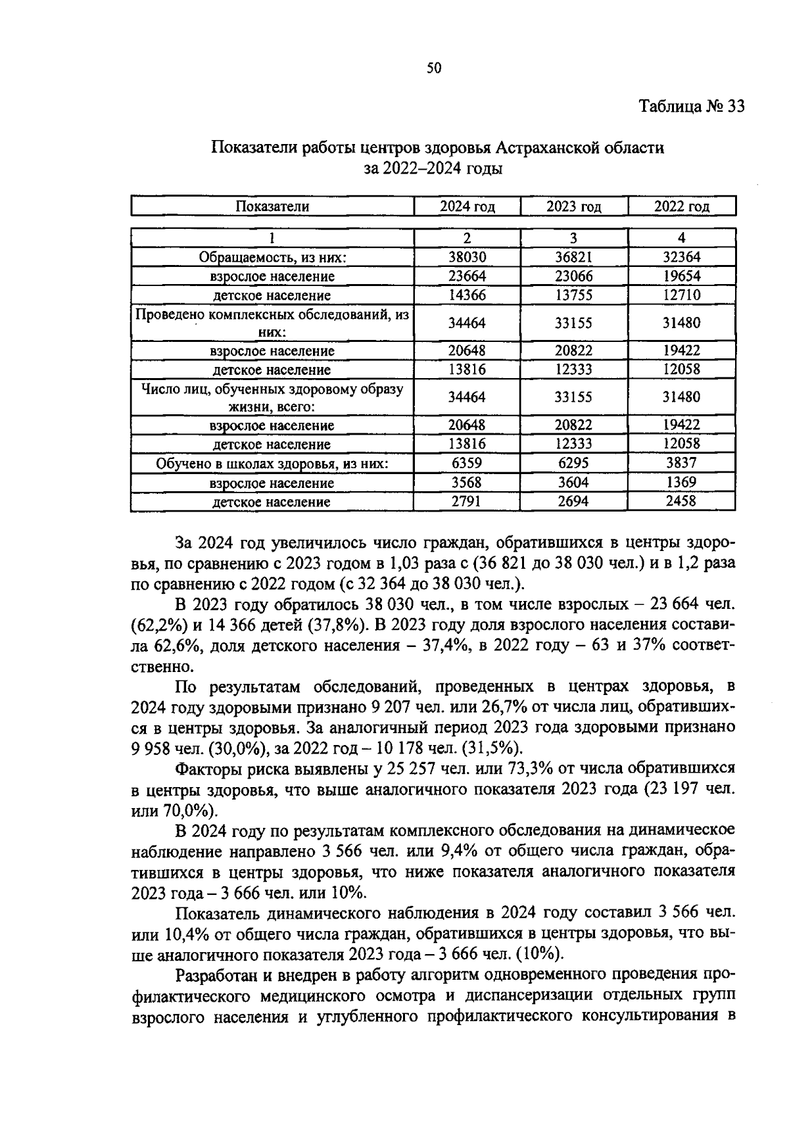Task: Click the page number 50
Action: click(434, 68)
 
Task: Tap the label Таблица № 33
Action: click(692, 107)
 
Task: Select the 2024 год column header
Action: click(467, 206)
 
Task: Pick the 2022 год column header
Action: click(682, 206)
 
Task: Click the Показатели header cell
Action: click(272, 206)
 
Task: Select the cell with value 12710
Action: click(682, 295)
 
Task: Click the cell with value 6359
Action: click(467, 463)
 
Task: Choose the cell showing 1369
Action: click(682, 482)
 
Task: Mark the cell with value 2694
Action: click(574, 502)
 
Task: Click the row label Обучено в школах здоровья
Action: click(272, 464)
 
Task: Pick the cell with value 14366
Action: click(467, 295)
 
